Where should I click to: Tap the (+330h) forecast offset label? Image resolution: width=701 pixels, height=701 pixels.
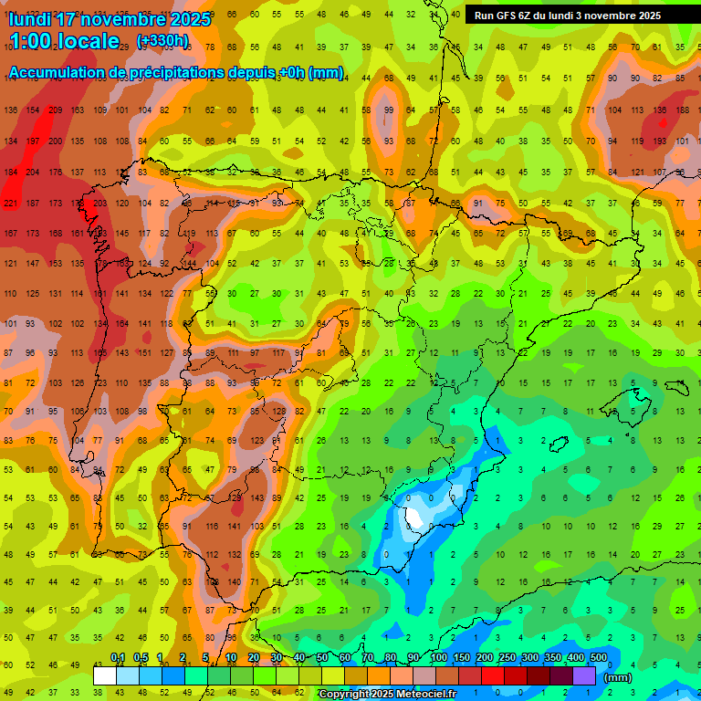click(162, 40)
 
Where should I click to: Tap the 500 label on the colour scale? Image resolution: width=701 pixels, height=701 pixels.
click(599, 658)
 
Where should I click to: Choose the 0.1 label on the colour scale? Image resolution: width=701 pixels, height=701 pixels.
click(118, 658)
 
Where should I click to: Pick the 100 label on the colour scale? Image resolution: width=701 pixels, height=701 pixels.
click(438, 658)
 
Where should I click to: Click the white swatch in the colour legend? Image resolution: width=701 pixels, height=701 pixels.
click(105, 675)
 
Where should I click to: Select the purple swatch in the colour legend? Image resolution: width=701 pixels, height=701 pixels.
click(584, 675)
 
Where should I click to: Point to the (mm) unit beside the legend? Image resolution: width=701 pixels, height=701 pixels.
click(618, 677)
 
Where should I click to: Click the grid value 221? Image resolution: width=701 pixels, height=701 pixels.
click(11, 204)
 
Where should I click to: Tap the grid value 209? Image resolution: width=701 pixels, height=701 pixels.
click(55, 110)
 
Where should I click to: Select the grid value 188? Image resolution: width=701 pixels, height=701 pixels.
click(682, 110)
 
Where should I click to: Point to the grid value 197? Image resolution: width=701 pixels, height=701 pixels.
click(33, 141)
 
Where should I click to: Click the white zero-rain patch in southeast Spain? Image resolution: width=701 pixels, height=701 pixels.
click(414, 518)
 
